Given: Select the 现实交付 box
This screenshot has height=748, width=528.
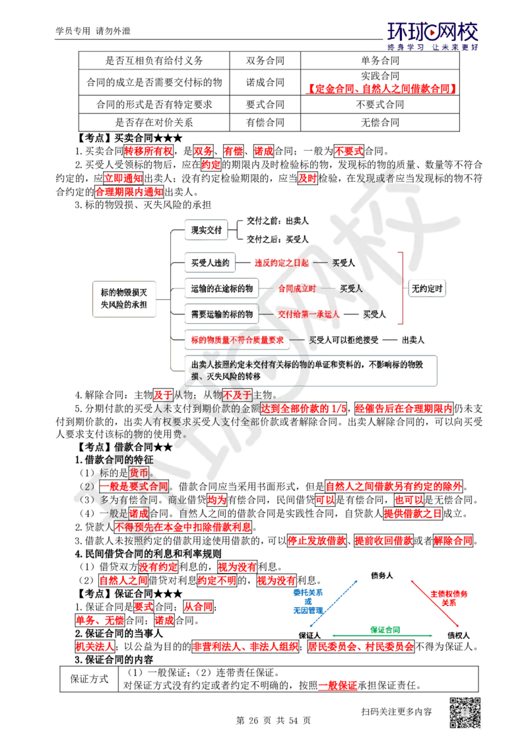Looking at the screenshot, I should [206, 230].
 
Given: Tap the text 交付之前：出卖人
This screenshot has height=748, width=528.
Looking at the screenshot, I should [278, 221].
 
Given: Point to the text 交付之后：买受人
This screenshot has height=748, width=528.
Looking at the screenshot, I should [278, 239].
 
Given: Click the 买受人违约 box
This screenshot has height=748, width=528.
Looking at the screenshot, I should [209, 263].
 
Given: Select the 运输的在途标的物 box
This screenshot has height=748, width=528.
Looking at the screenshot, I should [221, 289].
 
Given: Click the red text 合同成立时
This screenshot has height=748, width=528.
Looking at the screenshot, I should [297, 289].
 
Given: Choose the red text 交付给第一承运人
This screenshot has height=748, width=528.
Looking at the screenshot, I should [308, 315].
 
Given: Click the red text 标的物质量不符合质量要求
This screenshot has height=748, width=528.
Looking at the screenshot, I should [237, 340].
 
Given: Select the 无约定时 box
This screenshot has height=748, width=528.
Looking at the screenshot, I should [427, 289].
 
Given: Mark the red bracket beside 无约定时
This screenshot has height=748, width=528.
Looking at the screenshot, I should [402, 289].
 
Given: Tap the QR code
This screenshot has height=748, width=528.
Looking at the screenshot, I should [464, 713].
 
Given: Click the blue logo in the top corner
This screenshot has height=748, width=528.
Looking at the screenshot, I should [432, 36].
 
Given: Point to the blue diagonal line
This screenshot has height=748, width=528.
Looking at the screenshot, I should [334, 602].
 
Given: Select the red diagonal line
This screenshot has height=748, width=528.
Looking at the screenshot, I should [434, 603].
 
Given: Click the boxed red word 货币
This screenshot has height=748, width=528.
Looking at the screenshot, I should [140, 472].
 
